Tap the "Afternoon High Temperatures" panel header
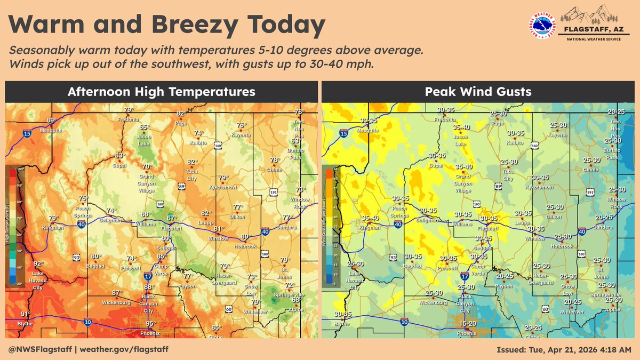161,92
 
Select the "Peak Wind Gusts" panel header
478,92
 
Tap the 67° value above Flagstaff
171,218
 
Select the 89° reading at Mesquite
51,121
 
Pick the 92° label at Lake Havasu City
38,263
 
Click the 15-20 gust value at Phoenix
467,324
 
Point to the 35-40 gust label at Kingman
371,218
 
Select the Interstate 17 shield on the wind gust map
464,277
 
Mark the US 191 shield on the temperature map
272,191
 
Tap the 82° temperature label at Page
181,114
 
